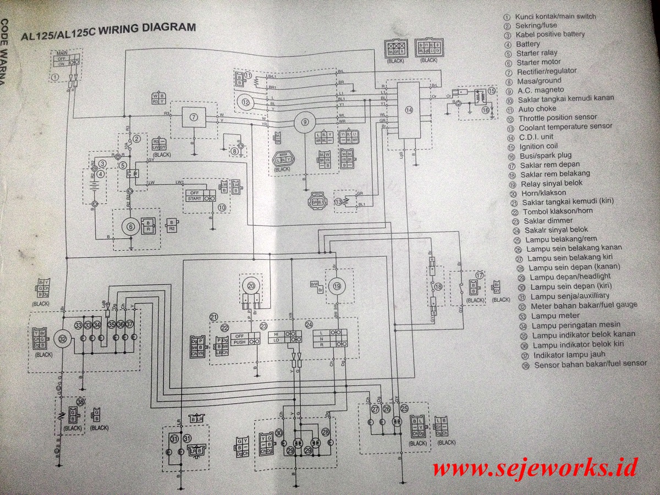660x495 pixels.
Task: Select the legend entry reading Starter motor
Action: point(538,62)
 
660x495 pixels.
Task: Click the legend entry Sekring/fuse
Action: point(536,25)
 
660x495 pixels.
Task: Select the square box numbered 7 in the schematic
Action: point(193,117)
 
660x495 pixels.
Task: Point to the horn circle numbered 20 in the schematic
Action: point(251,286)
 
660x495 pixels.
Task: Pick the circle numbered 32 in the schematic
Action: point(63,339)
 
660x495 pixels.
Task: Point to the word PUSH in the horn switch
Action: point(239,342)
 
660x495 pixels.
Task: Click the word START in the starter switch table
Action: point(195,199)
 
